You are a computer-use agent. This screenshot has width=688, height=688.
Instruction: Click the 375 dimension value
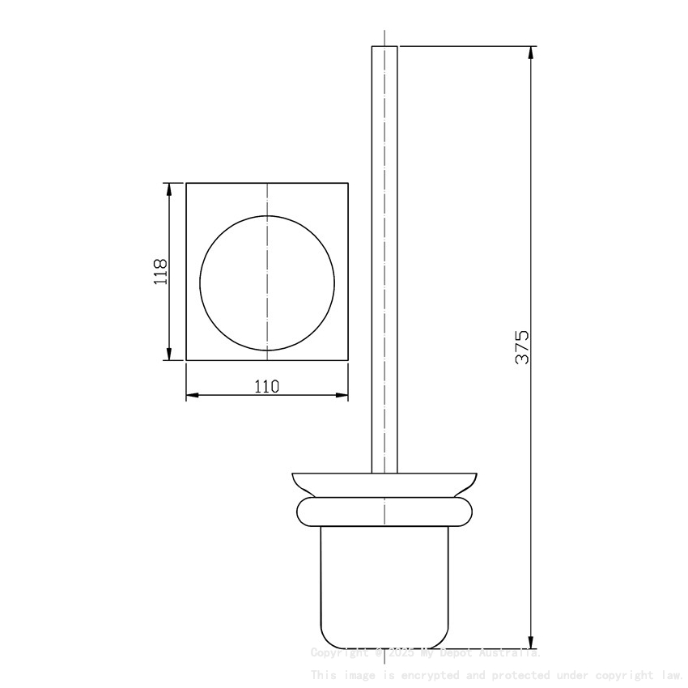(x=522, y=346)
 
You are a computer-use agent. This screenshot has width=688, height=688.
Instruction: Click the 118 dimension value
(x=160, y=271)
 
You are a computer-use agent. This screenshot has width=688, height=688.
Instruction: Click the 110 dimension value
(x=267, y=386)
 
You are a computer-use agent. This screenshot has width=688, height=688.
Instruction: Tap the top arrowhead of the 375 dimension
(x=531, y=53)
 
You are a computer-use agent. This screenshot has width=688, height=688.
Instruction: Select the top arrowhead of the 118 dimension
(x=169, y=189)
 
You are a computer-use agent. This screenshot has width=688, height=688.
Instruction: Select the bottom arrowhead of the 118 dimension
(x=169, y=355)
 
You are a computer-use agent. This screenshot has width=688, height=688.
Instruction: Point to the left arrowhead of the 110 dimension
(x=192, y=395)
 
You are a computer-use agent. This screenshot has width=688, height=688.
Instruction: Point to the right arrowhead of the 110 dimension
(x=343, y=395)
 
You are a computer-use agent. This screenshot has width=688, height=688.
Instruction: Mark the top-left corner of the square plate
(x=187, y=184)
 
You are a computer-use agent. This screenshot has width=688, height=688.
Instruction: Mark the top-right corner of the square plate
(x=349, y=184)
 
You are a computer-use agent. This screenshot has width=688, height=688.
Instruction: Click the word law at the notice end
(x=671, y=674)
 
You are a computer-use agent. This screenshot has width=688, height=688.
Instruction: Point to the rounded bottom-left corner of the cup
(x=325, y=640)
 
